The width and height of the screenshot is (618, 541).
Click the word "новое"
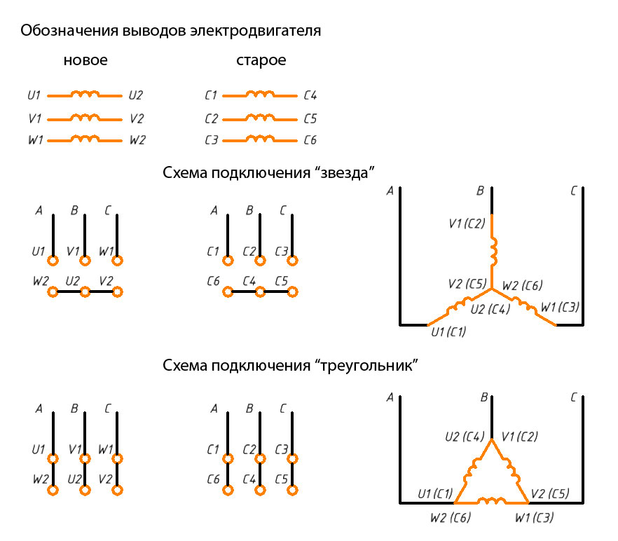(85, 60)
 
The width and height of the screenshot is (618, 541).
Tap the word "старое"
(261, 61)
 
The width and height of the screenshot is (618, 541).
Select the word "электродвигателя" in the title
(255, 31)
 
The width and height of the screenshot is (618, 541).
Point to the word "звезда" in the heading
(344, 173)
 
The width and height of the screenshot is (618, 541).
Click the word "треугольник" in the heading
(366, 366)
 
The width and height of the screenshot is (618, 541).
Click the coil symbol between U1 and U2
(85, 94)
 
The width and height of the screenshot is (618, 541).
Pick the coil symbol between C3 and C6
(260, 139)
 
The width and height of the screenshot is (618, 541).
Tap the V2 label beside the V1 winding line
(137, 118)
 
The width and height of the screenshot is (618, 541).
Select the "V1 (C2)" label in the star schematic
(467, 224)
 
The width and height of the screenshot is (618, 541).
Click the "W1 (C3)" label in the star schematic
(560, 307)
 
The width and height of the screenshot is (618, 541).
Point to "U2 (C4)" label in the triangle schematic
(465, 437)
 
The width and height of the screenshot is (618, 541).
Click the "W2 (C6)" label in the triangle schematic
(451, 517)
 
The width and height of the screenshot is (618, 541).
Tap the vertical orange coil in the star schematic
(493, 252)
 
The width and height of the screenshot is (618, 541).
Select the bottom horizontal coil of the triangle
(491, 501)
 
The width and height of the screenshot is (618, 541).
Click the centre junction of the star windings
(492, 289)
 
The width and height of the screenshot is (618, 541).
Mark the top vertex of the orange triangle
(492, 439)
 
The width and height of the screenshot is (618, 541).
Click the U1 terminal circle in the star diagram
(53, 261)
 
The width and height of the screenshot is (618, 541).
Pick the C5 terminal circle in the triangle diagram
(292, 490)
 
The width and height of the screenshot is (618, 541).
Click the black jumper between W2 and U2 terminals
(69, 292)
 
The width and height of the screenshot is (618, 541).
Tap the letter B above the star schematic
(480, 191)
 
